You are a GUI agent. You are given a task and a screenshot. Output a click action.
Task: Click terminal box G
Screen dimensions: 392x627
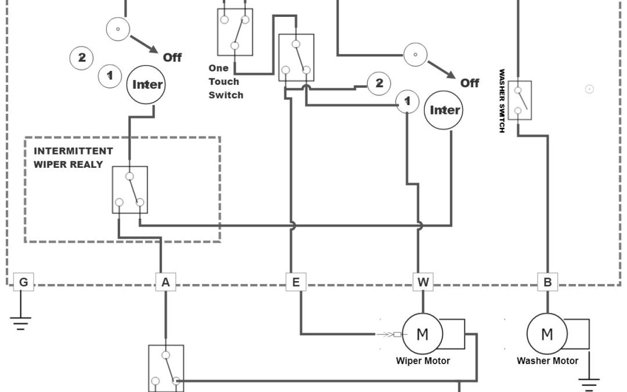click(x=23, y=282)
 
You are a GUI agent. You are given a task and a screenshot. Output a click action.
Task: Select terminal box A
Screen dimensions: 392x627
click(x=165, y=282)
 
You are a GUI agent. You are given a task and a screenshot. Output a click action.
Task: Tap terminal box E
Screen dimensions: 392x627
click(x=296, y=282)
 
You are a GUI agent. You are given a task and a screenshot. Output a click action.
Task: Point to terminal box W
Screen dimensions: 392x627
click(x=423, y=282)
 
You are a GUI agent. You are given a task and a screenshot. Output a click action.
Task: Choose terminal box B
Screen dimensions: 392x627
click(x=547, y=282)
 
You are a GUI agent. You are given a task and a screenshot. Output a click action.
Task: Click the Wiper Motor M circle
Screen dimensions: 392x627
click(x=423, y=334)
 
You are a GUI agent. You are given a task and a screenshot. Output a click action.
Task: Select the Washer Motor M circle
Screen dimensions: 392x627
click(x=547, y=334)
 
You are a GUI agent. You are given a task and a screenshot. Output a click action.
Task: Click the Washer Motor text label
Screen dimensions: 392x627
click(x=547, y=361)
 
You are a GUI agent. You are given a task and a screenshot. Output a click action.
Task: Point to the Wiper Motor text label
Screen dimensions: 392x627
click(x=423, y=361)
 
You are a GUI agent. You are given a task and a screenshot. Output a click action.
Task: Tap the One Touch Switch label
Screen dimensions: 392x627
click(x=226, y=82)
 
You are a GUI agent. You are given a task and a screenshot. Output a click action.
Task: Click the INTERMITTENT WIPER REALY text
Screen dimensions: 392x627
click(x=73, y=157)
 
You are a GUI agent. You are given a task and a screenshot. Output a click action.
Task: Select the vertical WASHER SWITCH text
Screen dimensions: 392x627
click(x=502, y=101)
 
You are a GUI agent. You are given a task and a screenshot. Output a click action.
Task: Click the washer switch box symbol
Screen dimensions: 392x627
click(x=520, y=100)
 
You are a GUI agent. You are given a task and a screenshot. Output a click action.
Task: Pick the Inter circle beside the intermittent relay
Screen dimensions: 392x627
click(x=147, y=84)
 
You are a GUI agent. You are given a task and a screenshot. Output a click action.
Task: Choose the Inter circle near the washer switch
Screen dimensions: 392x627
click(x=444, y=110)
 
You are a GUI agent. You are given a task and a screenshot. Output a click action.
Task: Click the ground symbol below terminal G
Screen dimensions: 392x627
click(x=21, y=322)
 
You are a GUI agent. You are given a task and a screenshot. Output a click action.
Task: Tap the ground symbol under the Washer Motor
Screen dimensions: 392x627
click(x=589, y=383)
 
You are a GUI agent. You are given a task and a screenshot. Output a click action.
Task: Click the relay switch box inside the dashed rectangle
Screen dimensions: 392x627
click(x=130, y=189)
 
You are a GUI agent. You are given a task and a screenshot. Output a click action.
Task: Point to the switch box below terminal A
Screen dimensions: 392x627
click(x=166, y=367)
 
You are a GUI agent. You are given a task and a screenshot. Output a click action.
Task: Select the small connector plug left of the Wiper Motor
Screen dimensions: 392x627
click(x=397, y=334)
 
